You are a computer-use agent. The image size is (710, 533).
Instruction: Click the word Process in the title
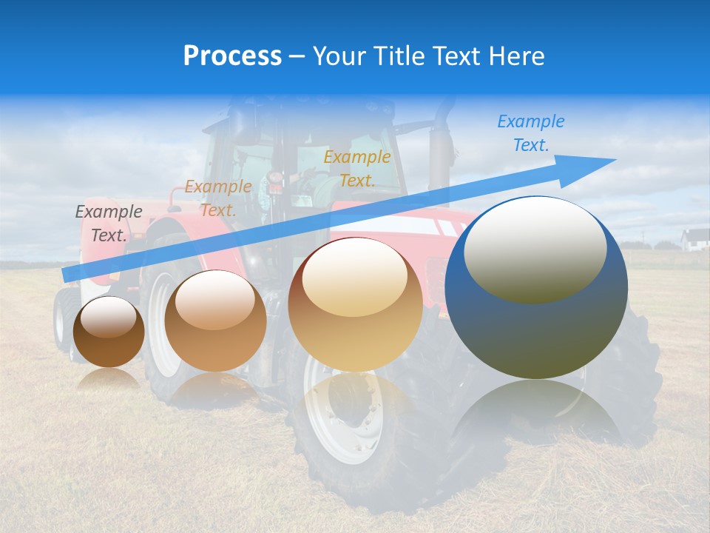click(232, 56)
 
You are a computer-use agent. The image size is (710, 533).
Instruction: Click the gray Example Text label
click(109, 224)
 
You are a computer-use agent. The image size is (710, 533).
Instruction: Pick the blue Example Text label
click(531, 133)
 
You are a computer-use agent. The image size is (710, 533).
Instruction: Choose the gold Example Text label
click(357, 169)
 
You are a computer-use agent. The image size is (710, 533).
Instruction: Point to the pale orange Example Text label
click(218, 198)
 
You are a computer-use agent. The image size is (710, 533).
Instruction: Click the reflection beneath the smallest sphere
click(109, 379)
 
